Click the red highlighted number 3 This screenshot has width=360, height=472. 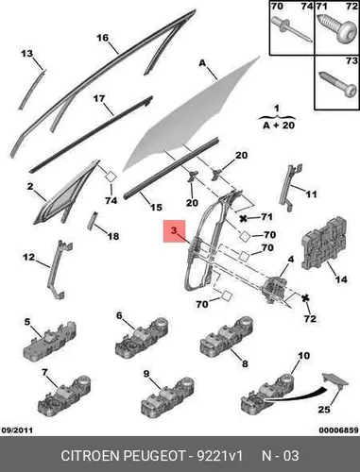pyautogui.click(x=174, y=230)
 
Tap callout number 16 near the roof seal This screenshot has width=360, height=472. pyautogui.click(x=103, y=38)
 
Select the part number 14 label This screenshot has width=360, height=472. pyautogui.click(x=341, y=278)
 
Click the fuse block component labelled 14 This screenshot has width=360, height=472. pyautogui.click(x=325, y=244)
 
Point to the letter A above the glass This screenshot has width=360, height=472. pyautogui.click(x=202, y=63)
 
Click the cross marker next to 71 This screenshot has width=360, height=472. pyautogui.click(x=243, y=218)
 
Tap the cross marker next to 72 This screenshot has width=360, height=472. pyautogui.click(x=304, y=298)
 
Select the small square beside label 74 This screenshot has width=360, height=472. pyautogui.click(x=111, y=177)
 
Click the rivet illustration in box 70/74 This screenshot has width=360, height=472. pyautogui.click(x=291, y=31)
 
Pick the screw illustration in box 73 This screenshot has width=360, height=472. pyautogui.click(x=338, y=84)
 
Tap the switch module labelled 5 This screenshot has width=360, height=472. pyautogui.click(x=50, y=343)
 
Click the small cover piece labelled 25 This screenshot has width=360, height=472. pyautogui.click(x=335, y=379)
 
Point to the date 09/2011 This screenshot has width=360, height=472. pyautogui.click(x=17, y=430)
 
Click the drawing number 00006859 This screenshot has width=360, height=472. pyautogui.click(x=338, y=430)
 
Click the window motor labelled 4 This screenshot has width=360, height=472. pyautogui.click(x=273, y=289)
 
